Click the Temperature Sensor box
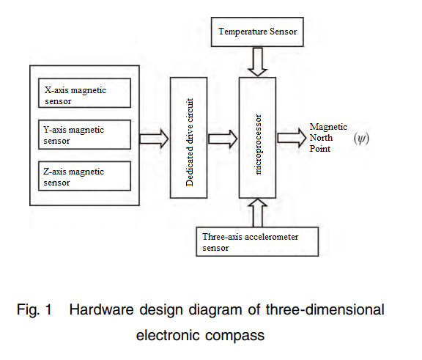coord(257,32)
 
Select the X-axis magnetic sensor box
coord(84,93)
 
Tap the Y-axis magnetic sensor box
coord(84,134)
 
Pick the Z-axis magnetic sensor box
coord(84,176)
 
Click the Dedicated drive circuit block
coord(189,138)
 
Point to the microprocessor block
coord(258,138)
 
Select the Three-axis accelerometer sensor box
coord(257,241)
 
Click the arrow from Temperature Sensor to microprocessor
coord(258,62)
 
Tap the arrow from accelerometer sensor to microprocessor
coord(258,213)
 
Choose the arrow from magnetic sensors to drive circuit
coord(154,139)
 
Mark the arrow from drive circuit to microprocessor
coord(223,139)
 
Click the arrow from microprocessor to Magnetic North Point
coord(292,138)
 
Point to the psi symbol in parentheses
coord(361,139)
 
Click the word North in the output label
coord(321,138)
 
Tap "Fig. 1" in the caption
coord(34,309)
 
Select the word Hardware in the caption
coord(101,309)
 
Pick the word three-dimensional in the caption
coord(325,309)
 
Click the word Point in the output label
coord(319,149)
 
